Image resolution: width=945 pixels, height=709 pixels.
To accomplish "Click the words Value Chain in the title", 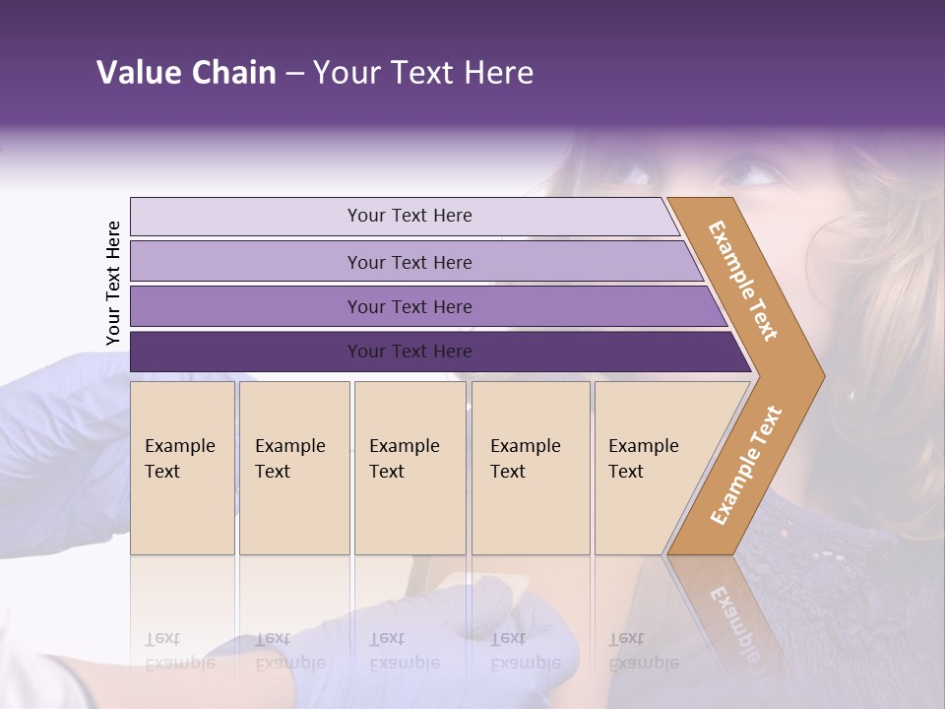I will pos(186,73).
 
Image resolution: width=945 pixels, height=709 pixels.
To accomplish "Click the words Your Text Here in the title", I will pos(423,73).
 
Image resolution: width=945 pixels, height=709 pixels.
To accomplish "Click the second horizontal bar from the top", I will pos(409,262).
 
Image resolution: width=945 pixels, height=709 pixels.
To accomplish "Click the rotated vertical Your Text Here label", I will pos(113,284).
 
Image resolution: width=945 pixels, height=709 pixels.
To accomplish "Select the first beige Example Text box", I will pos(182,468).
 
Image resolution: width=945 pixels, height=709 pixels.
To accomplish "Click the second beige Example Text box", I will pos(293,468).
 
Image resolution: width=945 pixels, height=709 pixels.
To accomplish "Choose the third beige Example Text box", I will pos(409,468).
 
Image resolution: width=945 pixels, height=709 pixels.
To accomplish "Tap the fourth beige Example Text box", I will pos(530,468).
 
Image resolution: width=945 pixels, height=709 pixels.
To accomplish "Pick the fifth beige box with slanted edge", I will pos(650,468).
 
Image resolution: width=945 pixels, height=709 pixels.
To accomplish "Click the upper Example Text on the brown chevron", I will pos(743,281).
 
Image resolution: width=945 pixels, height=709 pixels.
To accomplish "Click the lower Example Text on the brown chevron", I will pos(745,465).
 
